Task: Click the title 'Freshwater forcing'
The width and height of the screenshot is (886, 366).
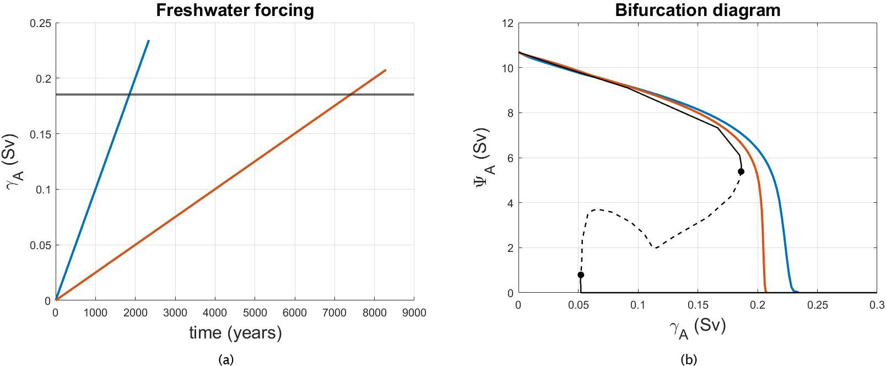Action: click(x=235, y=10)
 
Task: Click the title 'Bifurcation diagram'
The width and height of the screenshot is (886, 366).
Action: click(x=698, y=10)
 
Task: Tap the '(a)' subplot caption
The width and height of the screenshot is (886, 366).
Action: click(x=226, y=360)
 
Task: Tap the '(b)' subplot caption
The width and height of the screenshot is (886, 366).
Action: click(x=689, y=360)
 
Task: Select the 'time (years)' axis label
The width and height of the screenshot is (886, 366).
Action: click(x=235, y=333)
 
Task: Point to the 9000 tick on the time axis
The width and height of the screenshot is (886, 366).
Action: click(x=414, y=313)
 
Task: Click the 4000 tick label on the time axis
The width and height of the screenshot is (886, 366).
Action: click(x=215, y=313)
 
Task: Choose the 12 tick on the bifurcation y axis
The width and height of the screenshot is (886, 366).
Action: click(x=507, y=23)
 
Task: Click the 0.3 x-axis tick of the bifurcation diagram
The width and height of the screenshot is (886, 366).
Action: click(x=876, y=304)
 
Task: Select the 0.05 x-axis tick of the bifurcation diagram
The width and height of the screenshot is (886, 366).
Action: click(x=578, y=304)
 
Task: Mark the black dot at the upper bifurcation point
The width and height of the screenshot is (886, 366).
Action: click(x=741, y=171)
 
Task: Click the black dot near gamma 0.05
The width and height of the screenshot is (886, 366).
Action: click(x=581, y=274)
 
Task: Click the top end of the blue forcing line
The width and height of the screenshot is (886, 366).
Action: click(x=149, y=40)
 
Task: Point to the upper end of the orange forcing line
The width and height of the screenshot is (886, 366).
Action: click(x=386, y=70)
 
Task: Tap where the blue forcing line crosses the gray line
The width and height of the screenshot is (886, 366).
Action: click(x=129, y=94)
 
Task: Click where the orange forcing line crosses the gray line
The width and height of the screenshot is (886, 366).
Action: click(x=351, y=94)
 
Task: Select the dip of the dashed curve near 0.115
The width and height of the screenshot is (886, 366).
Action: click(x=656, y=248)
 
